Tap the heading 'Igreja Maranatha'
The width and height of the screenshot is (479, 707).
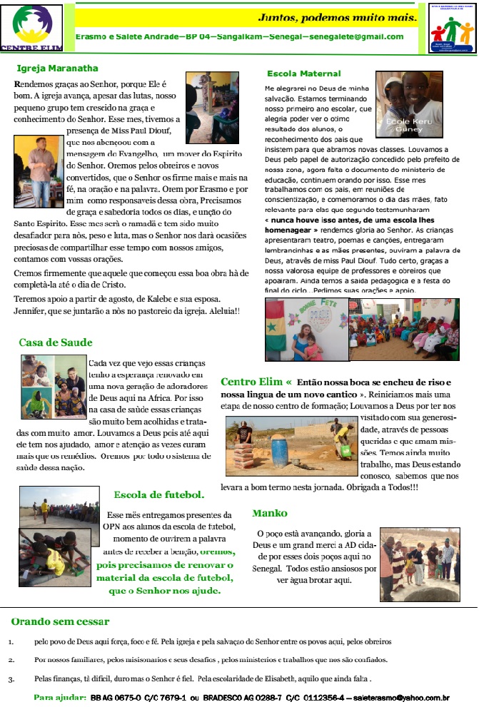(x=57, y=68)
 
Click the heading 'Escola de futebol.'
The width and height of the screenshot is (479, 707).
(x=159, y=494)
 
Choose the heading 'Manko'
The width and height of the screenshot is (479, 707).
(x=270, y=513)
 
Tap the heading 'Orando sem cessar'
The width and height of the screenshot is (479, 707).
(x=60, y=621)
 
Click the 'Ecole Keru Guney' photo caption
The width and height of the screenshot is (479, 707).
(x=404, y=125)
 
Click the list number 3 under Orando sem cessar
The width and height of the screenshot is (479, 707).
(x=11, y=678)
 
